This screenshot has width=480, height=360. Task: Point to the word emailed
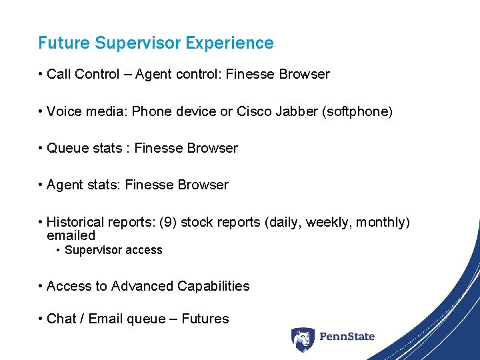71,235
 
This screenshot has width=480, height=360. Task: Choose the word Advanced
142,286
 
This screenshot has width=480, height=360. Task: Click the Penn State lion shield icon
303,338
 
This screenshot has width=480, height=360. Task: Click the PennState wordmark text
347,337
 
